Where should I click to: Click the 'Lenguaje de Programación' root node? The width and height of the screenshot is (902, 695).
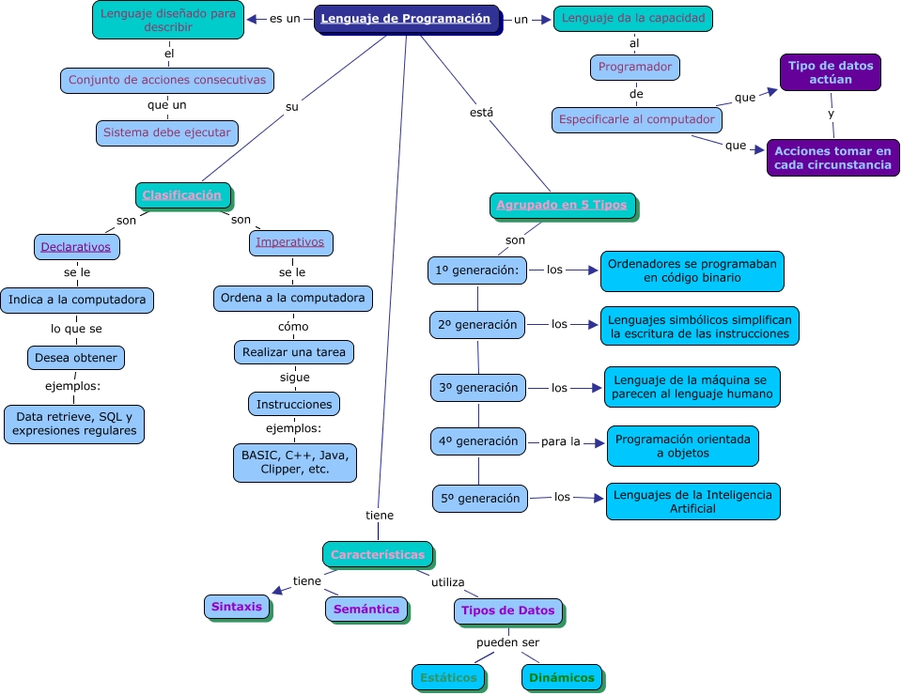(x=406, y=19)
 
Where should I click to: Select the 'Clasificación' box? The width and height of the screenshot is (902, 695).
(x=182, y=195)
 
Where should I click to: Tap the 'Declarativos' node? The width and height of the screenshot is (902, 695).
(x=76, y=247)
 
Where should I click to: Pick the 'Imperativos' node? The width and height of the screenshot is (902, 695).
(x=290, y=242)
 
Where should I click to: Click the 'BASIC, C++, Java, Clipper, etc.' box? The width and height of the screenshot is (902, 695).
(x=295, y=462)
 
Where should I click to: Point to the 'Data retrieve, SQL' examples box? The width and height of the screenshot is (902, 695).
(x=75, y=424)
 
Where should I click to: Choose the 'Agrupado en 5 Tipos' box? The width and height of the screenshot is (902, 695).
(x=562, y=206)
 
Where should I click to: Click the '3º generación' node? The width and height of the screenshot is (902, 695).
(x=478, y=387)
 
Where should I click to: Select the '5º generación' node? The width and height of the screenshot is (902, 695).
(x=479, y=499)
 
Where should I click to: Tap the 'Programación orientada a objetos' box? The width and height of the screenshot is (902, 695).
(x=682, y=446)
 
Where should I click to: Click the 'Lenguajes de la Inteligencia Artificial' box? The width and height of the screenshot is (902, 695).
(x=692, y=502)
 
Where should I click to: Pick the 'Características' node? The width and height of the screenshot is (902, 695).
(x=378, y=554)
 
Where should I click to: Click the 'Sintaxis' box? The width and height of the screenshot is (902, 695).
(x=237, y=607)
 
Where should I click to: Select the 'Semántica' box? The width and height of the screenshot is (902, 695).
(x=366, y=610)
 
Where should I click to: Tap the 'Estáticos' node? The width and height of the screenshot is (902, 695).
(x=448, y=677)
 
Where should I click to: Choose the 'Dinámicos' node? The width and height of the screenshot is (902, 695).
(x=561, y=677)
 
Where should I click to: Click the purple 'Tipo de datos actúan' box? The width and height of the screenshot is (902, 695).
(x=831, y=72)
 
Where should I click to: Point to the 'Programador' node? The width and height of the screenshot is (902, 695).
(x=635, y=68)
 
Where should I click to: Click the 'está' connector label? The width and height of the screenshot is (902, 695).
(x=481, y=113)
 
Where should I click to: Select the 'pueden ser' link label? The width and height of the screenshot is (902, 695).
(x=507, y=642)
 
